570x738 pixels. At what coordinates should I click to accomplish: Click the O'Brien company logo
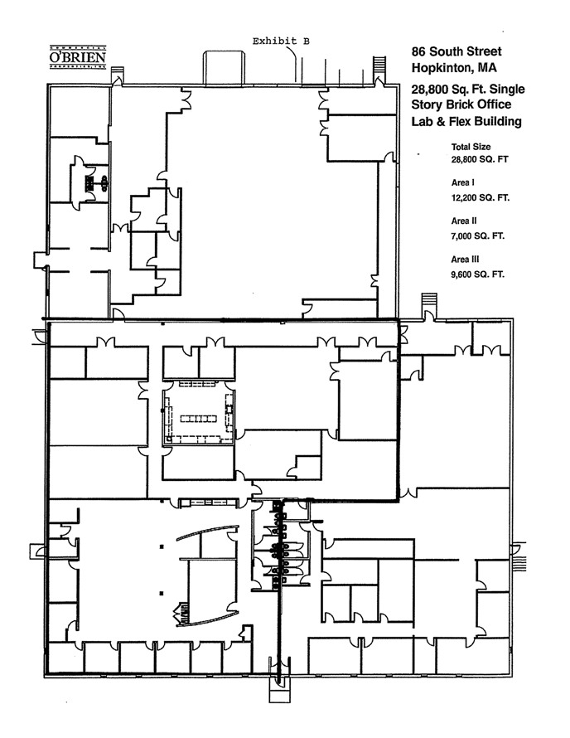(x=78, y=57)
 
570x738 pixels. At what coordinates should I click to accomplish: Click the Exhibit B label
(x=281, y=41)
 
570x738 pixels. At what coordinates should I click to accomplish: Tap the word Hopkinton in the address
(x=442, y=68)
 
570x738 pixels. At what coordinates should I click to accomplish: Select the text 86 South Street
(x=456, y=51)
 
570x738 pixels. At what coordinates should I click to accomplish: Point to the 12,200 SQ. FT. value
(x=481, y=197)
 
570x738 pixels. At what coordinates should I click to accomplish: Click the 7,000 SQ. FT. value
(x=477, y=235)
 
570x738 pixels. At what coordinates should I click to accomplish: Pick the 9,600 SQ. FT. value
(x=477, y=274)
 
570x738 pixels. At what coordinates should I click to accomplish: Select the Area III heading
(x=465, y=260)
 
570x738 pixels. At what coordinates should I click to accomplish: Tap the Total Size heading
(x=471, y=147)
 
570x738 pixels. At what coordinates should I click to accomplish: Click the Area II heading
(x=464, y=221)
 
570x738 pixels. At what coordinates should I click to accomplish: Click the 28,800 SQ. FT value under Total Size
(x=480, y=159)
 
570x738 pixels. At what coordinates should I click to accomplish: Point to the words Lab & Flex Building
(x=466, y=121)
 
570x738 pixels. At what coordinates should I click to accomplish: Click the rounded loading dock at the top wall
(x=224, y=68)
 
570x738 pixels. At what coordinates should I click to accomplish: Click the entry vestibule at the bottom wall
(x=280, y=690)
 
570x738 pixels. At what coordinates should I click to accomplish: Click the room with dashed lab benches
(x=199, y=412)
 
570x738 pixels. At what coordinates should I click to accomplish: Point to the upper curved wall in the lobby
(x=207, y=531)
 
